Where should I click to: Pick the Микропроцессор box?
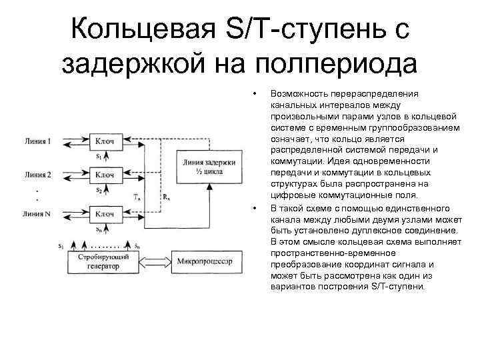[204, 262]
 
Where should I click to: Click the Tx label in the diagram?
[137, 197]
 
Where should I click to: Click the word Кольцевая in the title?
[147, 29]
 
